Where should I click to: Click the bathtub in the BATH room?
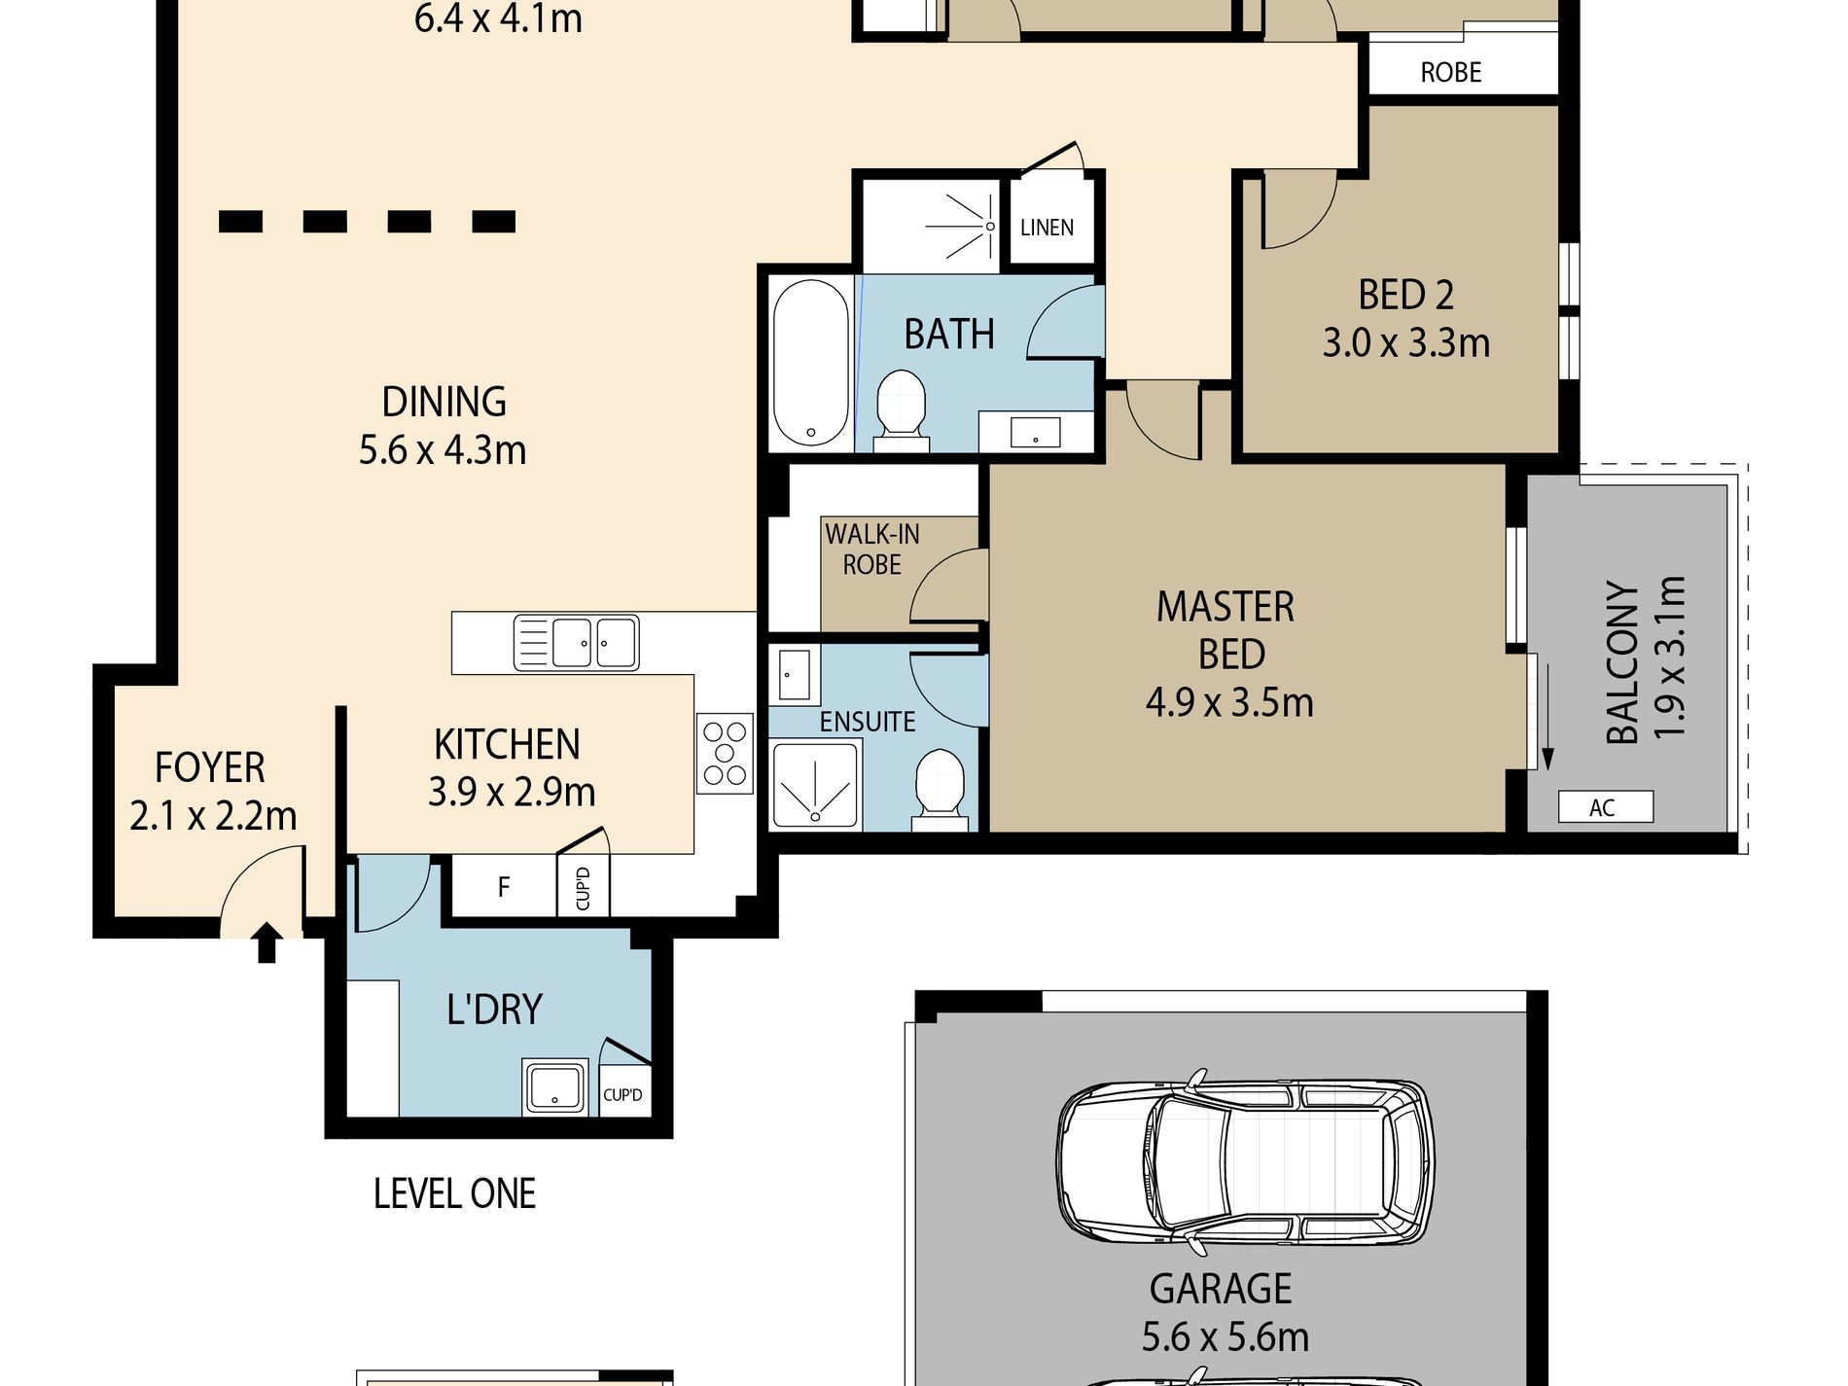(810, 363)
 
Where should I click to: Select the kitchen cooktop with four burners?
(725, 754)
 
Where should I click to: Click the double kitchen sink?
(576, 643)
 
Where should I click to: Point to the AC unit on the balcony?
(1605, 806)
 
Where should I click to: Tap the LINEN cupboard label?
(1047, 228)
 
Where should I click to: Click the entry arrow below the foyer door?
(267, 943)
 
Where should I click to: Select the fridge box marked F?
(503, 886)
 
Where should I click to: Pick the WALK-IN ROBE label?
(872, 550)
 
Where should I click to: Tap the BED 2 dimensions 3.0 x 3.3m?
(1405, 343)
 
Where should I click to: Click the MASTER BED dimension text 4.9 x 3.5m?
(1229, 702)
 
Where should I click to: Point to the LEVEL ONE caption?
(454, 1193)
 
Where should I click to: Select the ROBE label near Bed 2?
(1450, 72)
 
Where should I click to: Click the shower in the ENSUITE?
(816, 786)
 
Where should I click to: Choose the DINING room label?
(444, 402)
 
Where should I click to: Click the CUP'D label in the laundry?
(622, 1095)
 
